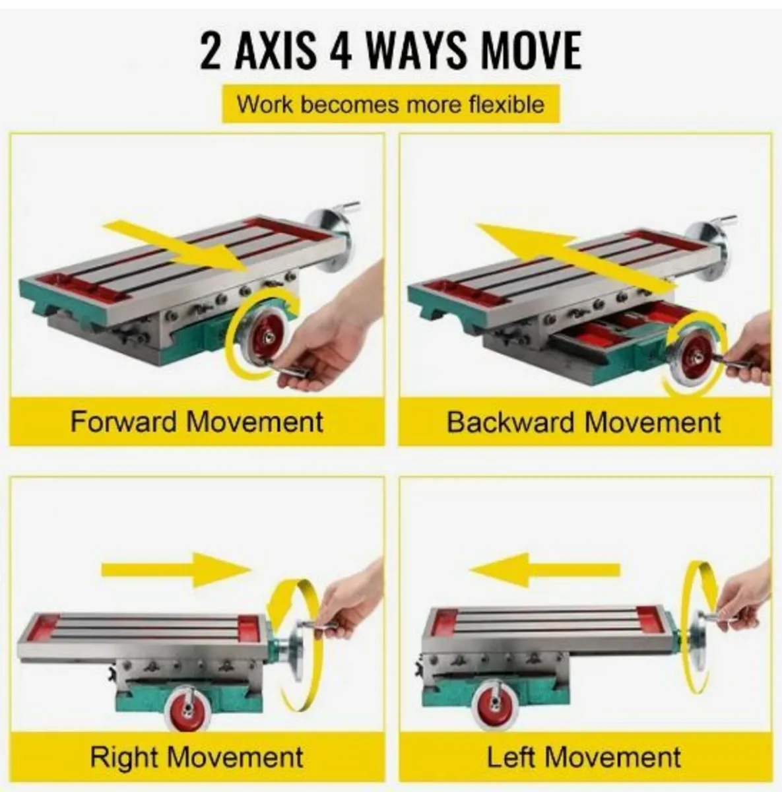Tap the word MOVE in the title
pos(532,51)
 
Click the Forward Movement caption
pos(197,422)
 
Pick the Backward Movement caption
pos(584,422)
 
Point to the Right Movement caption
pos(197,756)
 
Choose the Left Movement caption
pos(584,756)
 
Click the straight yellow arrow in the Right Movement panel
pos(176,570)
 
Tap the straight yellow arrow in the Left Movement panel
pos(544,570)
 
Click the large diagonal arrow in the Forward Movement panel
pos(177,247)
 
